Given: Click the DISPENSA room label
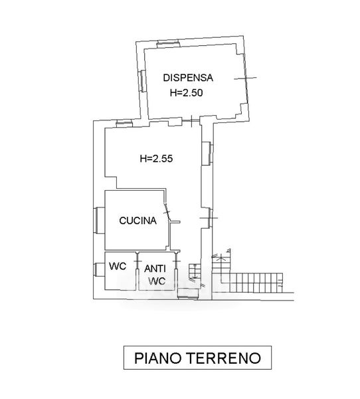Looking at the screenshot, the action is pyautogui.click(x=188, y=78).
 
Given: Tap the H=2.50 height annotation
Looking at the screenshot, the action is pyautogui.click(x=187, y=92).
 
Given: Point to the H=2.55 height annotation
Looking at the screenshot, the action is pyautogui.click(x=156, y=158).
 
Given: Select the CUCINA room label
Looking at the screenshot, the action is pyautogui.click(x=137, y=220).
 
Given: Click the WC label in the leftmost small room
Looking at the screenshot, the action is pyautogui.click(x=118, y=267).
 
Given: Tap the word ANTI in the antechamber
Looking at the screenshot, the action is pyautogui.click(x=155, y=269).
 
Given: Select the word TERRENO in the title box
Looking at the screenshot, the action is pyautogui.click(x=225, y=358).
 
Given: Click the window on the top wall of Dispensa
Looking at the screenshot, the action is pyautogui.click(x=168, y=44).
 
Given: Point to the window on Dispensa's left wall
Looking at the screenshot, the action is pyautogui.click(x=142, y=80).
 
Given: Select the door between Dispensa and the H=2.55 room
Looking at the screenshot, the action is pyautogui.click(x=191, y=120).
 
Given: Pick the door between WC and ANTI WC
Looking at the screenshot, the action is pyautogui.click(x=137, y=261).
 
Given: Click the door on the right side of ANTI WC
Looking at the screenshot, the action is pyautogui.click(x=176, y=261).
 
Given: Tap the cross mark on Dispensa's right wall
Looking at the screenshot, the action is pyautogui.click(x=246, y=78).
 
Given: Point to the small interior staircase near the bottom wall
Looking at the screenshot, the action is pyautogui.click(x=195, y=271).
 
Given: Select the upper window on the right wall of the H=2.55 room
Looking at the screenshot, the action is pyautogui.click(x=207, y=153).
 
